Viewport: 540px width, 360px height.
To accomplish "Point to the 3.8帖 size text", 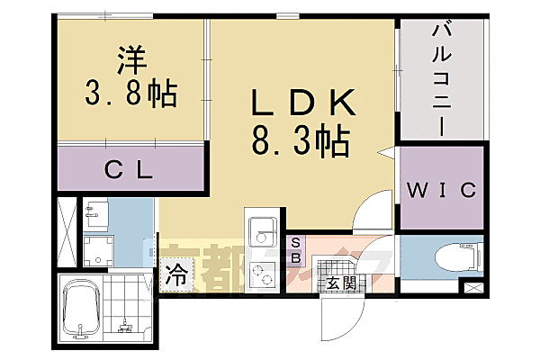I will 130,92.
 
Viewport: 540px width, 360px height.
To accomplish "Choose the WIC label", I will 441,190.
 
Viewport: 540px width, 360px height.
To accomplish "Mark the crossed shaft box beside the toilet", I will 471,289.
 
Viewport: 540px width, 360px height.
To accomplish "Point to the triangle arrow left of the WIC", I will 385,154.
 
